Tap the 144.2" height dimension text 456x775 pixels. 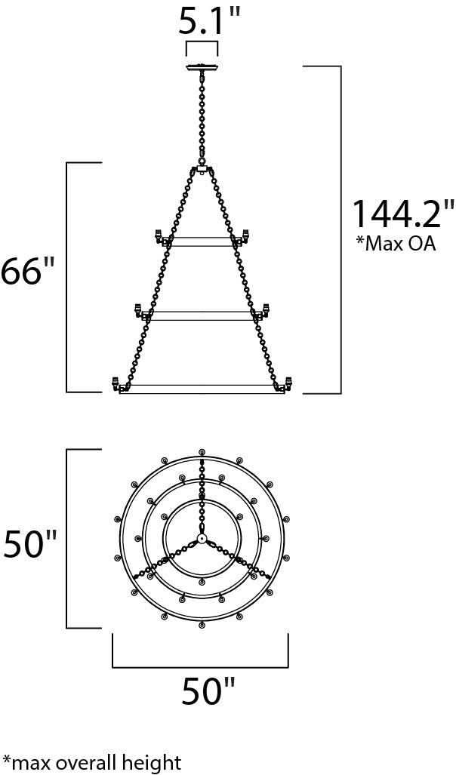[403, 215]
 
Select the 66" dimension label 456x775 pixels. [28, 271]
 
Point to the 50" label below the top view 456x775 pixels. [208, 691]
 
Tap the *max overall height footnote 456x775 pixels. [92, 762]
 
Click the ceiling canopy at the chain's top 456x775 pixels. [202, 69]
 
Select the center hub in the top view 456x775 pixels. [202, 539]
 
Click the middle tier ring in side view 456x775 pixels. [202, 316]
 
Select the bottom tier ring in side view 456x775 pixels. [202, 389]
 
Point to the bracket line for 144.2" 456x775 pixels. [340, 226]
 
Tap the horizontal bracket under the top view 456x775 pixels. [200, 667]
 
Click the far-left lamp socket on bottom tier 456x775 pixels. [116, 383]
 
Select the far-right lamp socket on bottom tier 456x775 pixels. [288, 383]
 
